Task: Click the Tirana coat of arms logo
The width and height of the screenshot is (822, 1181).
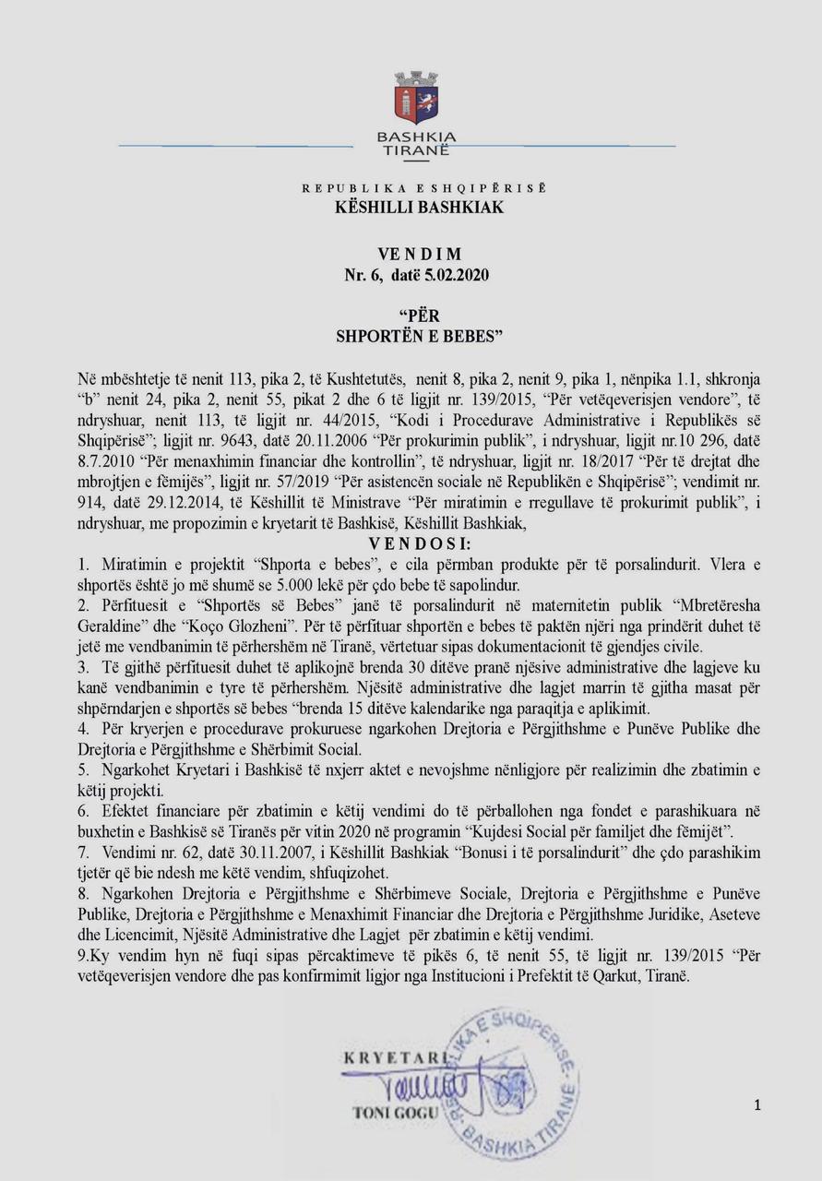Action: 416,100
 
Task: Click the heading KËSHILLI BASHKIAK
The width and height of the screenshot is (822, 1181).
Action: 419,208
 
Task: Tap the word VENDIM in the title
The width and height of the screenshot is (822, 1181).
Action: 420,254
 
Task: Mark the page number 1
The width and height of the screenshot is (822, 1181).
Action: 756,1104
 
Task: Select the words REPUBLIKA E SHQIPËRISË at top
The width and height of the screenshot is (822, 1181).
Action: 423,188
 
